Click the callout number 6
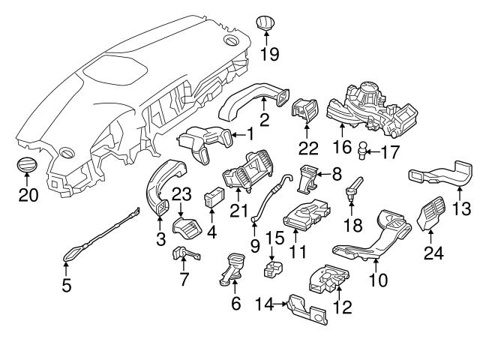click(x=236, y=305)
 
